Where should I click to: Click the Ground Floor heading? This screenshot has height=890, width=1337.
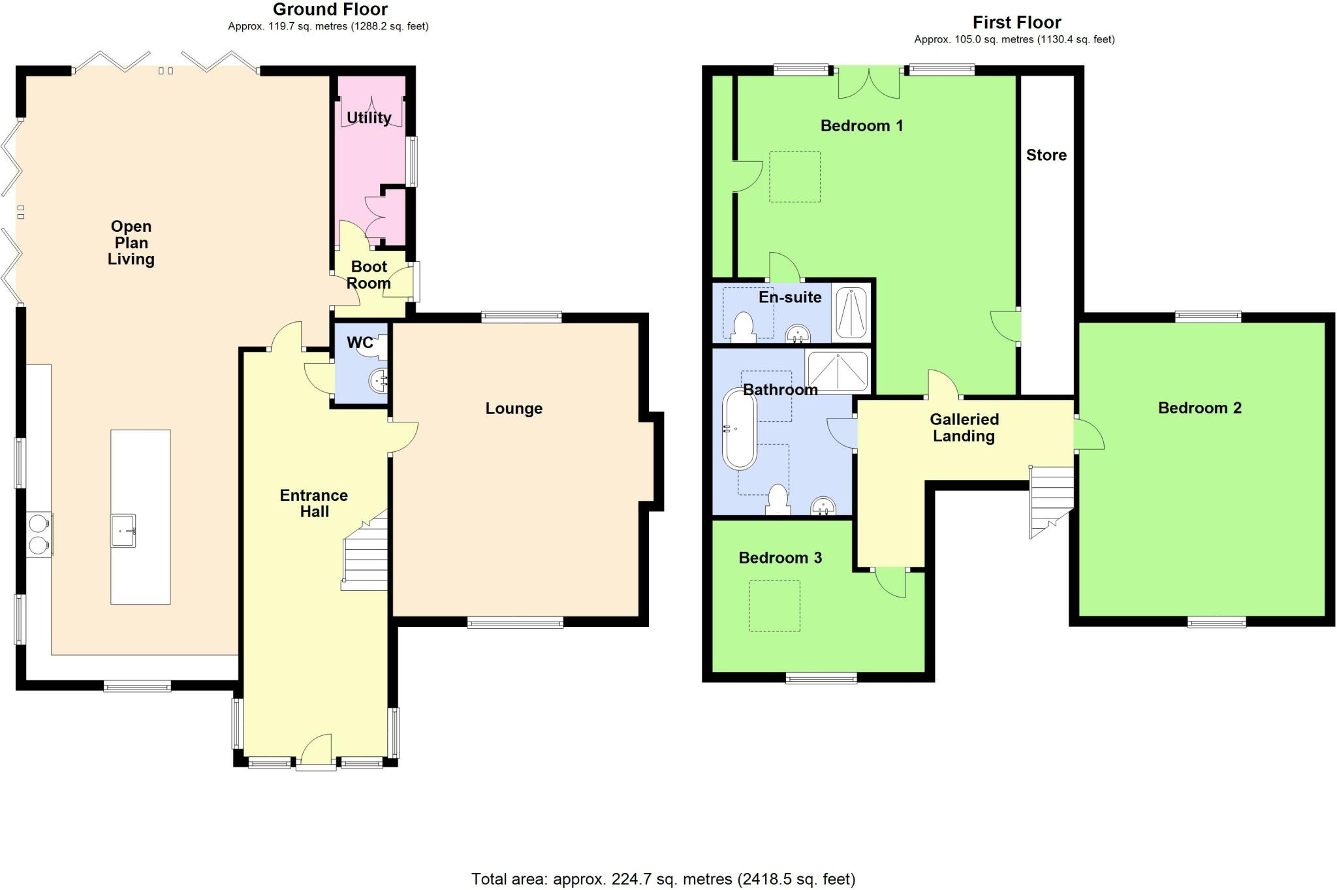pyautogui.click(x=330, y=10)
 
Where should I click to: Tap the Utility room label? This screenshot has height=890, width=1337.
pyautogui.click(x=369, y=118)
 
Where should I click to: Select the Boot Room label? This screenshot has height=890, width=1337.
pyautogui.click(x=369, y=275)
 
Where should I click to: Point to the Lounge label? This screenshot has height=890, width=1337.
pyautogui.click(x=514, y=409)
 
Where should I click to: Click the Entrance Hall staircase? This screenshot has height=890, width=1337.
pyautogui.click(x=366, y=555)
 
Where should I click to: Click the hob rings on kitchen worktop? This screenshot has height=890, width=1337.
pyautogui.click(x=39, y=533)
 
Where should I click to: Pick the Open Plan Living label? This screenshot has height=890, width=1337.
pyautogui.click(x=131, y=243)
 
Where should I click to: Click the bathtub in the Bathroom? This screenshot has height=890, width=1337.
pyautogui.click(x=739, y=428)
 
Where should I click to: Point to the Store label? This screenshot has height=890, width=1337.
pyautogui.click(x=1046, y=155)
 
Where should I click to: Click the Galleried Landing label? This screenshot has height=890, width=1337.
pyautogui.click(x=964, y=428)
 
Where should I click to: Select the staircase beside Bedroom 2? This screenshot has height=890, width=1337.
pyautogui.click(x=1051, y=500)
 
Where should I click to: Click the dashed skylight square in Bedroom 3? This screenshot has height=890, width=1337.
pyautogui.click(x=774, y=606)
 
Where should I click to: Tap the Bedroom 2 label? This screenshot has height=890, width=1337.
pyautogui.click(x=1199, y=408)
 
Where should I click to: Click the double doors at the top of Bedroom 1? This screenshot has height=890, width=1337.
pyautogui.click(x=868, y=84)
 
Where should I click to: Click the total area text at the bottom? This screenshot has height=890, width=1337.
pyautogui.click(x=663, y=880)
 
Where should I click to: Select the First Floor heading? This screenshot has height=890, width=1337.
pyautogui.click(x=1016, y=23)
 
